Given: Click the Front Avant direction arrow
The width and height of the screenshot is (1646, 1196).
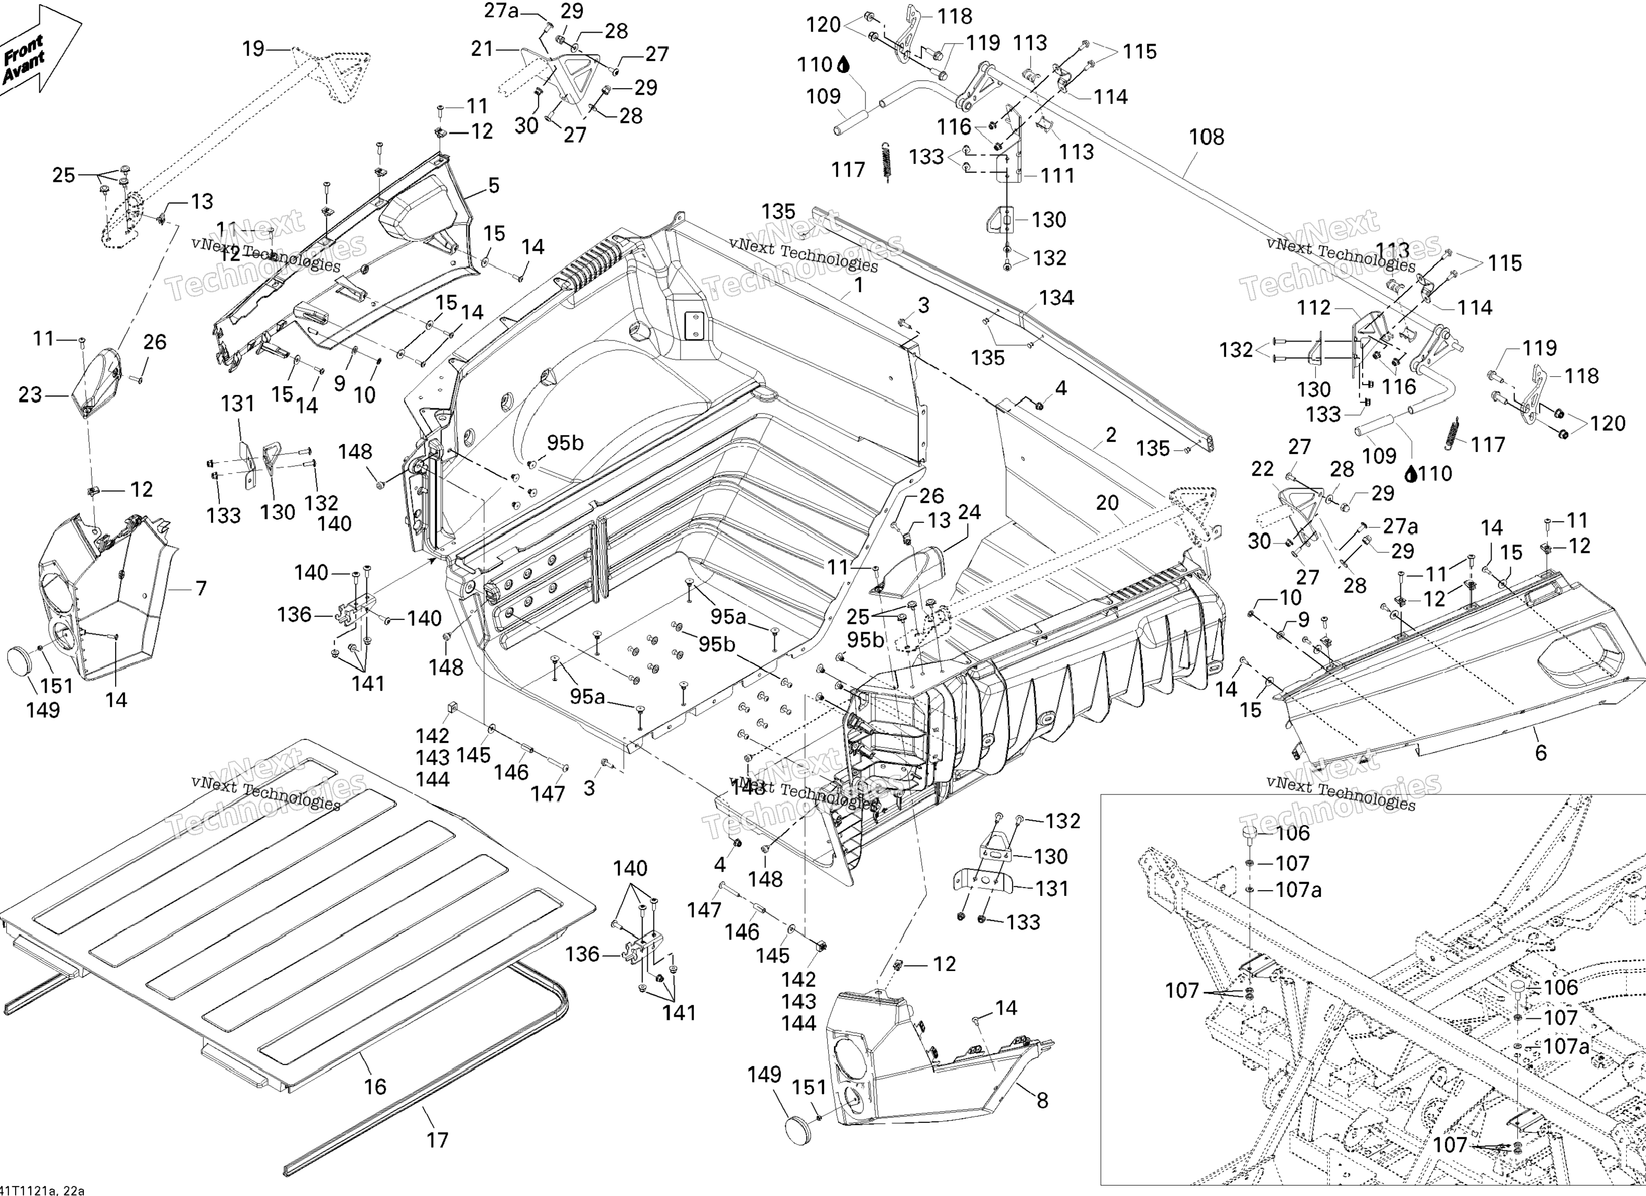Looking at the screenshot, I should [36, 51].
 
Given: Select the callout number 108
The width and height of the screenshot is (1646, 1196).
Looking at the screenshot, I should [1206, 137].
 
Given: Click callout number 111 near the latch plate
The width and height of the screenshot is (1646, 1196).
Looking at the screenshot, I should [1057, 176].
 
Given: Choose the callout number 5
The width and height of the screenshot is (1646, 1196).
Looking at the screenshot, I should [493, 186].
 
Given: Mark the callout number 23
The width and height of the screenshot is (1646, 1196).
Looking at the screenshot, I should [30, 395].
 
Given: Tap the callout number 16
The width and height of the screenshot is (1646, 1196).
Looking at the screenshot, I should [375, 1087].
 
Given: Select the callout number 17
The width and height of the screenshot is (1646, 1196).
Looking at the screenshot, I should [437, 1140].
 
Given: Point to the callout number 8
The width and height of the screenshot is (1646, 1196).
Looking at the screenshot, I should [1042, 1101].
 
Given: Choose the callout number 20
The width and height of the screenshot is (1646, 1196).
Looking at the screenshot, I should [1107, 503].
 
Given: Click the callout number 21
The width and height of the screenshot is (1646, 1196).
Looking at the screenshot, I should [483, 49].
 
